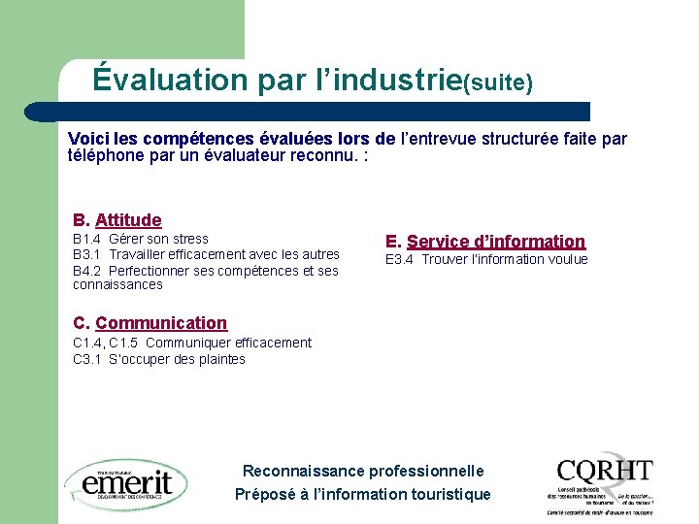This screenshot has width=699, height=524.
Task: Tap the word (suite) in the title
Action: (x=498, y=83)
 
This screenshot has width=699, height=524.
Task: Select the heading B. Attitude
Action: (x=117, y=220)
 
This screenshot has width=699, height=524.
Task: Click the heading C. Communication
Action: (x=150, y=323)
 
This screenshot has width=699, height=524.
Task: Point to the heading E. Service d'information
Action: (x=485, y=242)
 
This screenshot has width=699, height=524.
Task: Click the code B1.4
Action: (x=87, y=239)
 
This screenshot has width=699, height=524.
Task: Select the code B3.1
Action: (x=87, y=254)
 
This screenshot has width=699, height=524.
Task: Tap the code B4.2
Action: (x=87, y=271)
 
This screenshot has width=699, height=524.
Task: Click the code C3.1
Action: (x=87, y=359)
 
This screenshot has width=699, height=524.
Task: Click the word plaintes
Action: (x=220, y=359)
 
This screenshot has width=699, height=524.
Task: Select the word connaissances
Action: (x=117, y=285)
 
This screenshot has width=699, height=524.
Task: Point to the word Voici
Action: (x=88, y=139)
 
